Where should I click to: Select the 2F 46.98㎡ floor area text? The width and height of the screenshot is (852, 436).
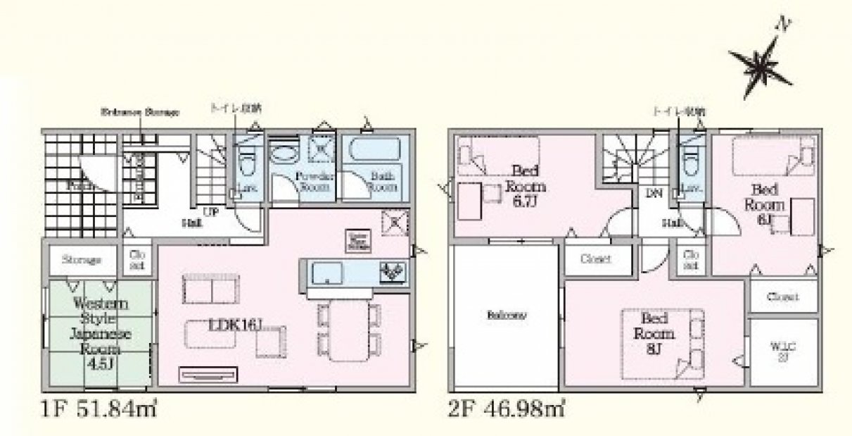coord(506,409)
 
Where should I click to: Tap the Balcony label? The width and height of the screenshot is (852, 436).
coord(505,316)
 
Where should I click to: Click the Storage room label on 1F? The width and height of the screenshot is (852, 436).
coord(81,259)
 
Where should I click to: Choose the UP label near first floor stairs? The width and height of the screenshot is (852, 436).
coord(210,211)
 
